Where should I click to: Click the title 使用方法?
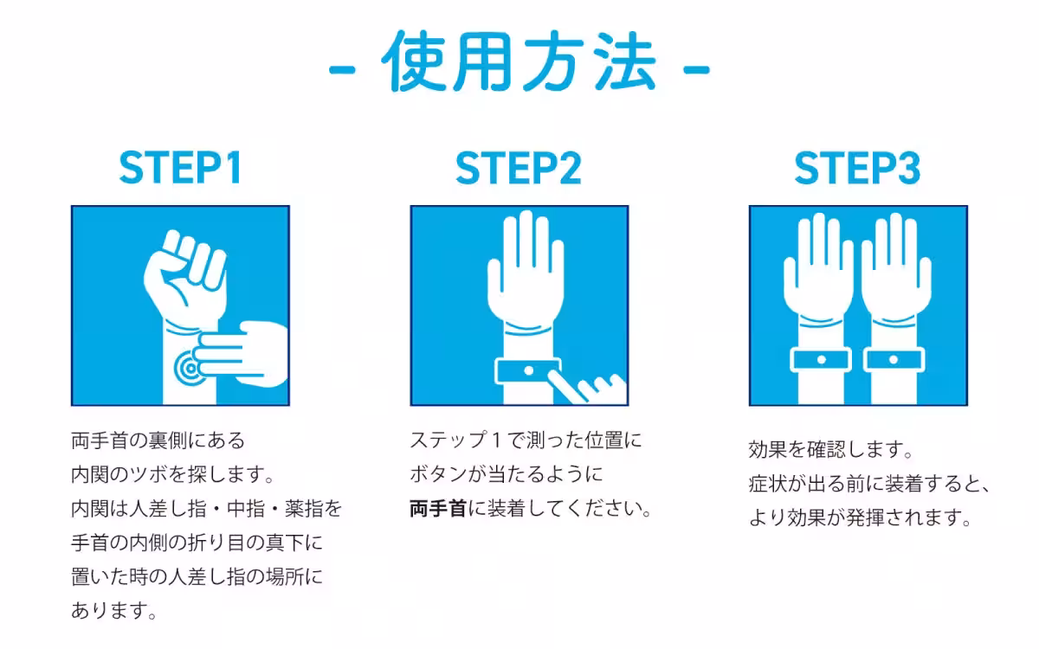click(x=519, y=61)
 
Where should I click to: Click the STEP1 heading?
click(x=180, y=168)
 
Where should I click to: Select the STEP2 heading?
click(x=519, y=168)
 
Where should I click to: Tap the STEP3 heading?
click(x=857, y=168)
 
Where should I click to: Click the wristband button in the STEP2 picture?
click(x=527, y=371)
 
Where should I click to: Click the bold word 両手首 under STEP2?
click(x=438, y=508)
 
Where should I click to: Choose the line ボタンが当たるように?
click(x=506, y=474)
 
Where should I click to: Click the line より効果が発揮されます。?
click(x=856, y=517)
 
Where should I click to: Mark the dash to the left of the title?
click(x=343, y=67)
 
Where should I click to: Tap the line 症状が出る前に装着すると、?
click(x=868, y=484)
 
